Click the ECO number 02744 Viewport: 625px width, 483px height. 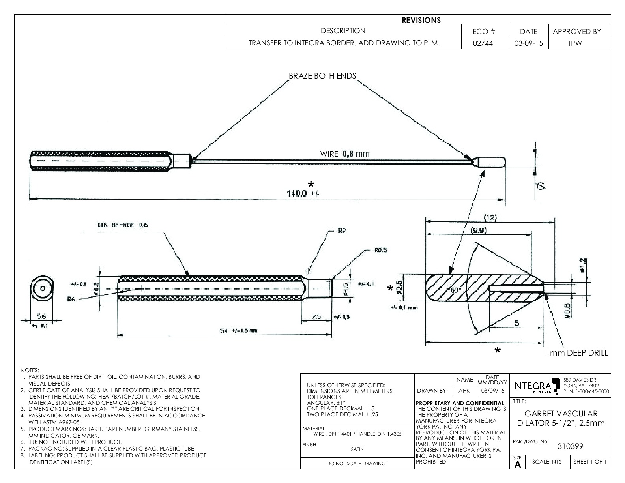[485, 43]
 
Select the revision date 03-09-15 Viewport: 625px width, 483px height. [528, 43]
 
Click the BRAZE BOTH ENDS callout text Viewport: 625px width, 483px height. [322, 76]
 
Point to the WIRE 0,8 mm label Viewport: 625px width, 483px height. [345, 154]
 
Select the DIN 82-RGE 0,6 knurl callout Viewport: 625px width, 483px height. [122, 225]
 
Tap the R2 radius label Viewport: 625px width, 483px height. [341, 231]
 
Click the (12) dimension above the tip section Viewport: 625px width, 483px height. [490, 217]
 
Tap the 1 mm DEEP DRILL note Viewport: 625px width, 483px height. [576, 353]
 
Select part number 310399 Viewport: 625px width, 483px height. [570, 446]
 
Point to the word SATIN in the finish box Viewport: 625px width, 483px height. [357, 449]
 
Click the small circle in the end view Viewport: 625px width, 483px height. [41, 288]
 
